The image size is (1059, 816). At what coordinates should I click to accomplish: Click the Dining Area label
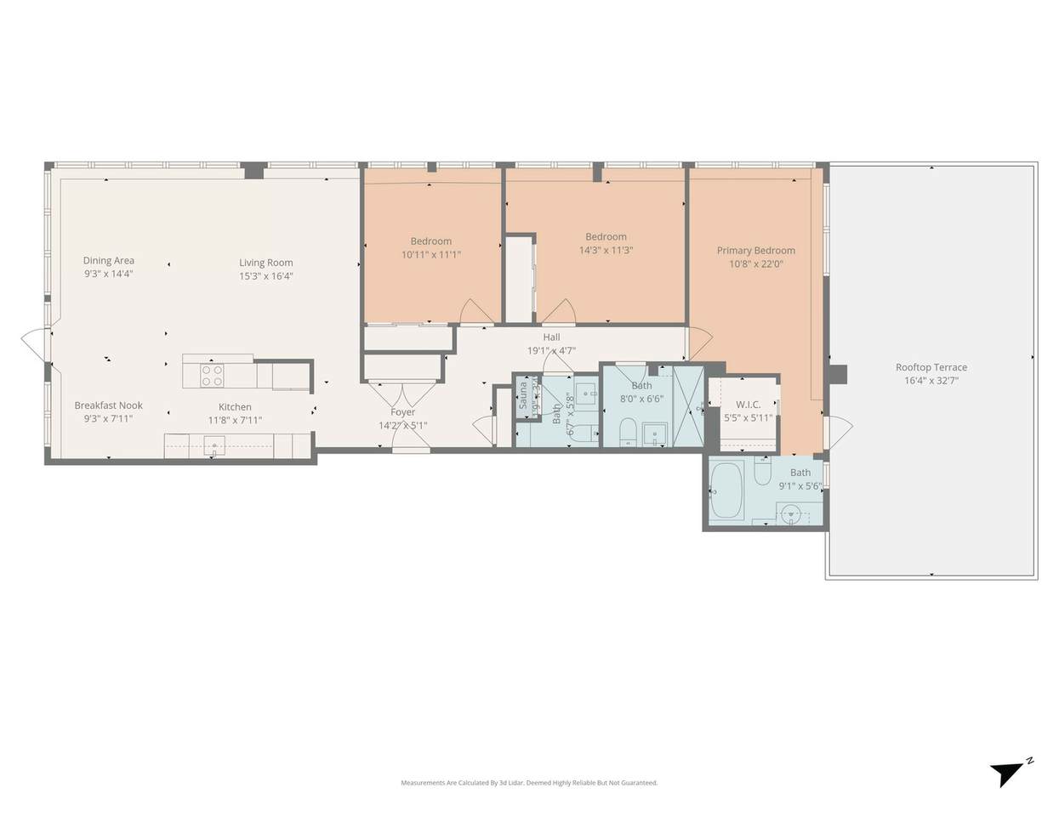(x=108, y=261)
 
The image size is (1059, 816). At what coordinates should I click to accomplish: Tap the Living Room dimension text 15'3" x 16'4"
(x=265, y=275)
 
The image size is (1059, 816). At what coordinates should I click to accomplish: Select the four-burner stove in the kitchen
(x=212, y=374)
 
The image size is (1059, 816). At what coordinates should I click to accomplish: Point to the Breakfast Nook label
(x=108, y=405)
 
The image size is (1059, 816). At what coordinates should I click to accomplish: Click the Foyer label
(x=402, y=412)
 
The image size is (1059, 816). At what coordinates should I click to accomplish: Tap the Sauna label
(x=523, y=395)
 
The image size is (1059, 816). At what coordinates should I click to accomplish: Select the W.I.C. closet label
(x=748, y=405)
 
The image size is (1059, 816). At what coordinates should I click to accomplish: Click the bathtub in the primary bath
(x=727, y=491)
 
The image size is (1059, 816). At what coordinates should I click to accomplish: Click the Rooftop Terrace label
(x=931, y=367)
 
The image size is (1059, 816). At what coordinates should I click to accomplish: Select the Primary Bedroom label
(x=755, y=250)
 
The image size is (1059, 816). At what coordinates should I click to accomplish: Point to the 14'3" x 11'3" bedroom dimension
(x=606, y=250)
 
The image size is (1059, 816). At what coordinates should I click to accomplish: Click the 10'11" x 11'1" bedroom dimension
(x=430, y=254)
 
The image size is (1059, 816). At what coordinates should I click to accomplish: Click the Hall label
(x=551, y=337)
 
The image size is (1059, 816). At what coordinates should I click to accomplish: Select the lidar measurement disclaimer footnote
(x=529, y=783)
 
